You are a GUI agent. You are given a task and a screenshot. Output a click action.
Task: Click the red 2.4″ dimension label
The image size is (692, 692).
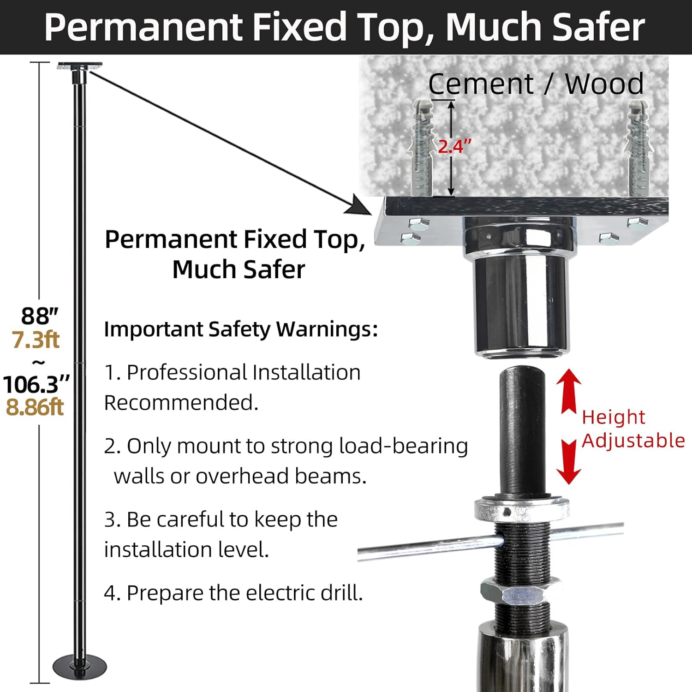454,146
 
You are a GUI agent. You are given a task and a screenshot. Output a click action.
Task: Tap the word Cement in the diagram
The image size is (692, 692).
481,84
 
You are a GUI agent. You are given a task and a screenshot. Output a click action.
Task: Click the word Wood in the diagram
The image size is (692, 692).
604,84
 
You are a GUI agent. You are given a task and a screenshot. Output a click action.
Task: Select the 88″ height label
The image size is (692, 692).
40,316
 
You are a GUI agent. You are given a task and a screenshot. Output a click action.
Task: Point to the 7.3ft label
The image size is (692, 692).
36,340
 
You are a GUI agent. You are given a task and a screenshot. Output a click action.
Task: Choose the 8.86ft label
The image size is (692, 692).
35,407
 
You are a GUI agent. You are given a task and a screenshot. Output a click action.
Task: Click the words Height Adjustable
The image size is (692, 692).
633,429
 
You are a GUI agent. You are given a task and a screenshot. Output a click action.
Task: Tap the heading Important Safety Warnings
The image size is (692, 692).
241,329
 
